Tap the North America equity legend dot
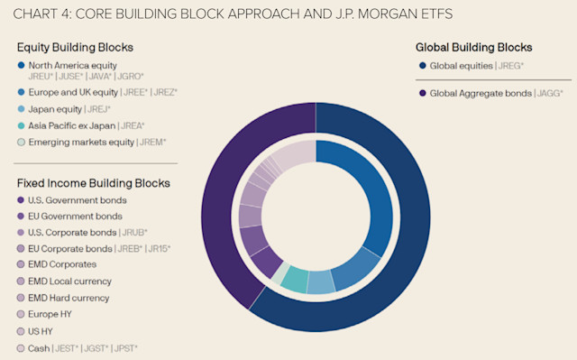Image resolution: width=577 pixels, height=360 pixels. pos(21,64)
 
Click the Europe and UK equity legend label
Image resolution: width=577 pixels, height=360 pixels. pos(72,92)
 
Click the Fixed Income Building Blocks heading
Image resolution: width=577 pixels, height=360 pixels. pos(94,183)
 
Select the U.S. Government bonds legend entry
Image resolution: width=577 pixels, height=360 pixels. pos(78,199)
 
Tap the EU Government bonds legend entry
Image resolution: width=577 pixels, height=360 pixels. pos(75,217)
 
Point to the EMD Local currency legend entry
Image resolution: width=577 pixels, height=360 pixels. pos(70,281)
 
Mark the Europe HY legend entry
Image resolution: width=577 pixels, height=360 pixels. pos(51,314)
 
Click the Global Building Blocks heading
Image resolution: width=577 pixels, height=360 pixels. pos(473,48)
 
